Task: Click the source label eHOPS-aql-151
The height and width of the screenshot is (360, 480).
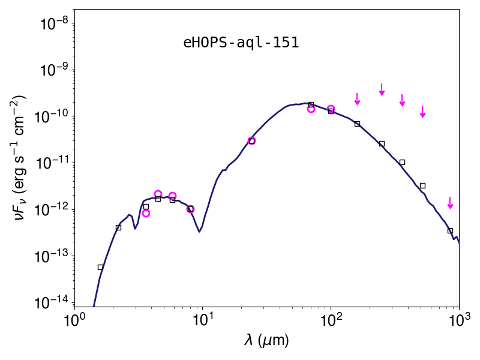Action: click(241, 43)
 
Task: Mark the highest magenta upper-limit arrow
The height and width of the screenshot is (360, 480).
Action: click(382, 89)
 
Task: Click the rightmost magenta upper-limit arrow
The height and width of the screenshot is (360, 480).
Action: click(450, 203)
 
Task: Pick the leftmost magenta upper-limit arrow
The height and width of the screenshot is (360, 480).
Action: click(357, 99)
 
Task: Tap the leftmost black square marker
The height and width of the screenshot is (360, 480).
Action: click(100, 267)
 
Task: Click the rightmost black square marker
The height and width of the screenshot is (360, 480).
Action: click(450, 230)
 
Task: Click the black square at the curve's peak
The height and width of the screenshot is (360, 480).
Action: click(311, 104)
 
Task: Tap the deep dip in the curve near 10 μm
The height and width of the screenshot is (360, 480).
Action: click(199, 232)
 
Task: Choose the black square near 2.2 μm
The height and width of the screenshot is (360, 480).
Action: click(118, 227)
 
